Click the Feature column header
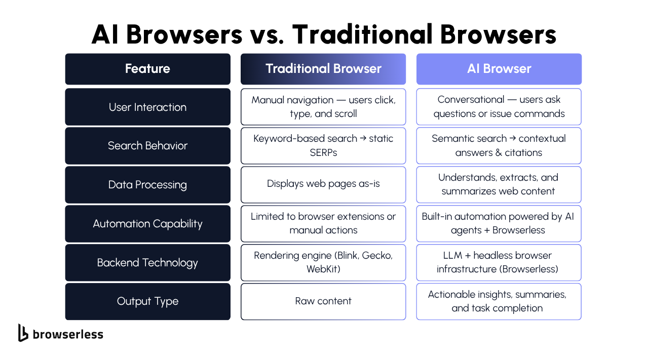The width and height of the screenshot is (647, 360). (x=147, y=69)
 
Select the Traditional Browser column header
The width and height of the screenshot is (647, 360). (x=323, y=69)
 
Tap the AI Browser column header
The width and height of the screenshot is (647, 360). (x=499, y=69)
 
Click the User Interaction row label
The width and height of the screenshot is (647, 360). (x=147, y=107)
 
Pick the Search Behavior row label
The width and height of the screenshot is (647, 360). (x=147, y=146)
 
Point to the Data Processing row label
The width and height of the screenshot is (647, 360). (x=147, y=185)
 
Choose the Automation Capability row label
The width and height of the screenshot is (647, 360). (x=147, y=224)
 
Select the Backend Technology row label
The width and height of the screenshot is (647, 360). (x=147, y=263)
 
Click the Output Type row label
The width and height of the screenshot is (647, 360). (x=147, y=301)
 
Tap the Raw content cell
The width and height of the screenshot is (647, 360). (x=323, y=301)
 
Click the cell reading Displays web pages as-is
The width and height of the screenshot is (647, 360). (x=323, y=185)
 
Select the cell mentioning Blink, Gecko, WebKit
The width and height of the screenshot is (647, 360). (x=323, y=263)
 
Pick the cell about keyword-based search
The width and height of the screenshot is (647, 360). (x=323, y=146)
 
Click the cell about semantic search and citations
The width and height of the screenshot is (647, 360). (x=499, y=146)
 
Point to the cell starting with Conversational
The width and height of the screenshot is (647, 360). (x=499, y=107)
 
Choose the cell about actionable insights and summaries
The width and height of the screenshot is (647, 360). (x=499, y=301)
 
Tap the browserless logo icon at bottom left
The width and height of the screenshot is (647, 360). (x=23, y=333)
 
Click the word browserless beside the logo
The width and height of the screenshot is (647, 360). (x=68, y=334)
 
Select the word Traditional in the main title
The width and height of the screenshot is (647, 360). (x=362, y=34)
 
